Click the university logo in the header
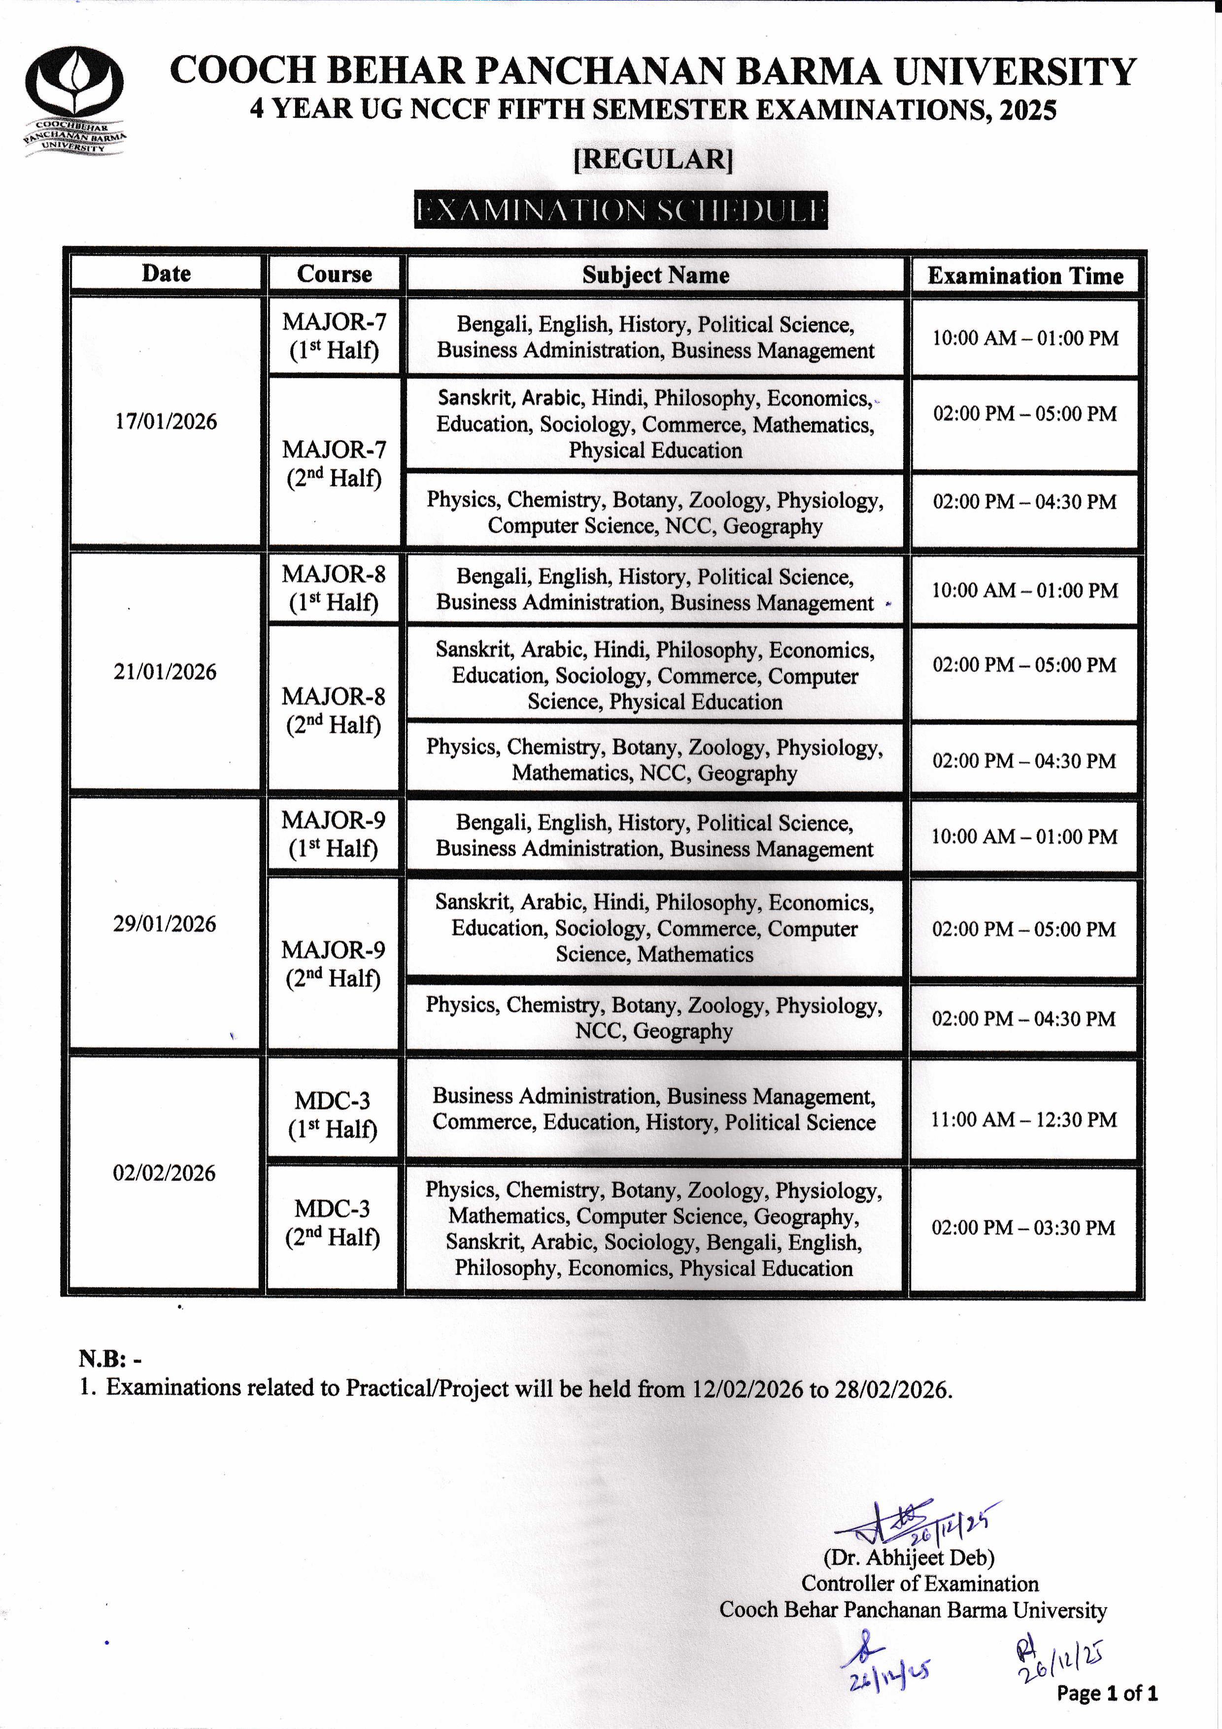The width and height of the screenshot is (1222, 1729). [74, 100]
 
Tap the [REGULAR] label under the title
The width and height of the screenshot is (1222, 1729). [653, 159]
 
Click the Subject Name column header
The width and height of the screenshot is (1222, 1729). [655, 275]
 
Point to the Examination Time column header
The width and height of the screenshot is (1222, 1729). [1025, 276]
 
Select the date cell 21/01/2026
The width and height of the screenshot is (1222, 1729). [165, 672]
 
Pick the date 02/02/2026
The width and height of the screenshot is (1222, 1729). [164, 1173]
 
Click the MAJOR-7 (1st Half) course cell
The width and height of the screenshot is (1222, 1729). [334, 336]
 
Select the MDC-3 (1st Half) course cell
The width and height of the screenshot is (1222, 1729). [332, 1114]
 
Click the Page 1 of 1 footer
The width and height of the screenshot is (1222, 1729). [1107, 1694]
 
